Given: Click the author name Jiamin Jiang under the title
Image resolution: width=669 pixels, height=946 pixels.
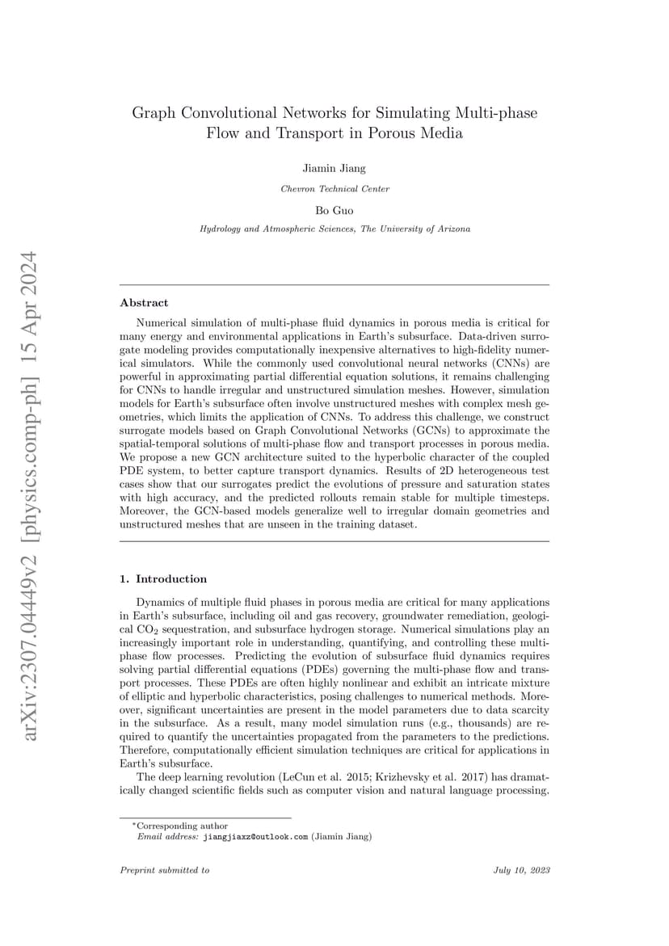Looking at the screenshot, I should coord(334,169).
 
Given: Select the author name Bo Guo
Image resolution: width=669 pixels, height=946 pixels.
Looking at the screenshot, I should coord(334,209).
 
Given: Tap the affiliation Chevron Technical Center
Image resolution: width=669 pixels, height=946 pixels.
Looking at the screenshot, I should coord(334,189).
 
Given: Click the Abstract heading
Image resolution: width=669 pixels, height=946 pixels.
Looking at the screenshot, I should coord(144,303).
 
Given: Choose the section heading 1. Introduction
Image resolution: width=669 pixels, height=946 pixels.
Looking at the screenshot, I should coord(163,579).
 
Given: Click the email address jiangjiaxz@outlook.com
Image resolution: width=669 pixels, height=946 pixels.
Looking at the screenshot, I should coord(255,837).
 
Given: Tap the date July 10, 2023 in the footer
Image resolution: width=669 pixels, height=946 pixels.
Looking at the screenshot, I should coord(521,870).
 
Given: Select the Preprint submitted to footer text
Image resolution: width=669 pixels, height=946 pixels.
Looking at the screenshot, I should coord(164,870).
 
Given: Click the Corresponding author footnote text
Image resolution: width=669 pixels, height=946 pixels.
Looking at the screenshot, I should coord(182,826).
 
